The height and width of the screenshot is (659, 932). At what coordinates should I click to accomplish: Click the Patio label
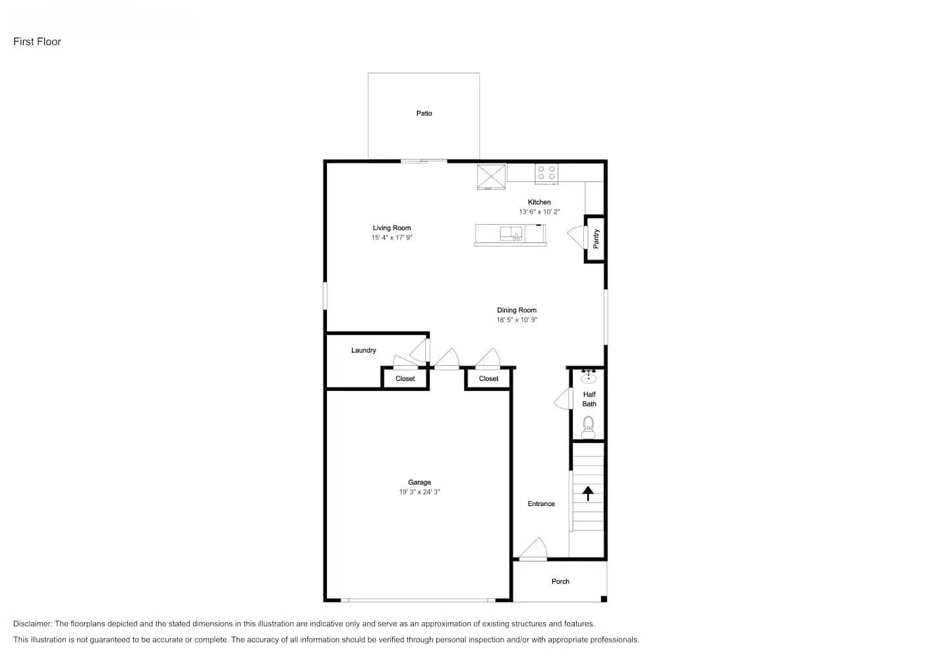424,113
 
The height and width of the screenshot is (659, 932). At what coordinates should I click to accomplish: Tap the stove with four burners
546,173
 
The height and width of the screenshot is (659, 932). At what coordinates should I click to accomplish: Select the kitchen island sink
511,233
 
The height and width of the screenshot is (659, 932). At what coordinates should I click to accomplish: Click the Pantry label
596,239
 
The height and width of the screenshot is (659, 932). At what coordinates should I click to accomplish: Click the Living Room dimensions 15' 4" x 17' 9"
392,238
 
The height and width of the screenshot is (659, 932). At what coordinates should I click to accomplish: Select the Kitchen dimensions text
539,212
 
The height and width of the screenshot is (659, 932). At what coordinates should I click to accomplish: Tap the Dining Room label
517,310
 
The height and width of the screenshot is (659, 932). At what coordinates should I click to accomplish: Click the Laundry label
363,351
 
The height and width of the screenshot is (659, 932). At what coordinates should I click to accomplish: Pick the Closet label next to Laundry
405,379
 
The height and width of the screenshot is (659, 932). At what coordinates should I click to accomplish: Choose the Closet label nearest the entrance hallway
488,379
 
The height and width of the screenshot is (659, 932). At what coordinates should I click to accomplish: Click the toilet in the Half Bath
589,427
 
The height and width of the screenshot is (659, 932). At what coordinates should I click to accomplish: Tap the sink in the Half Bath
589,377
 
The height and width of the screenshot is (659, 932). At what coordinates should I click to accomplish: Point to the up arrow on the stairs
588,493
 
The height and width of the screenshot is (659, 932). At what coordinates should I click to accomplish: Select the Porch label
560,581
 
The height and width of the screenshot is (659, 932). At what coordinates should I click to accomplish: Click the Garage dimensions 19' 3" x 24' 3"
419,492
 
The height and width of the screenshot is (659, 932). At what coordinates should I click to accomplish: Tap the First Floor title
37,42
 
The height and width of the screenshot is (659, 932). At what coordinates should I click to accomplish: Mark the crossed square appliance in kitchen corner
491,176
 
